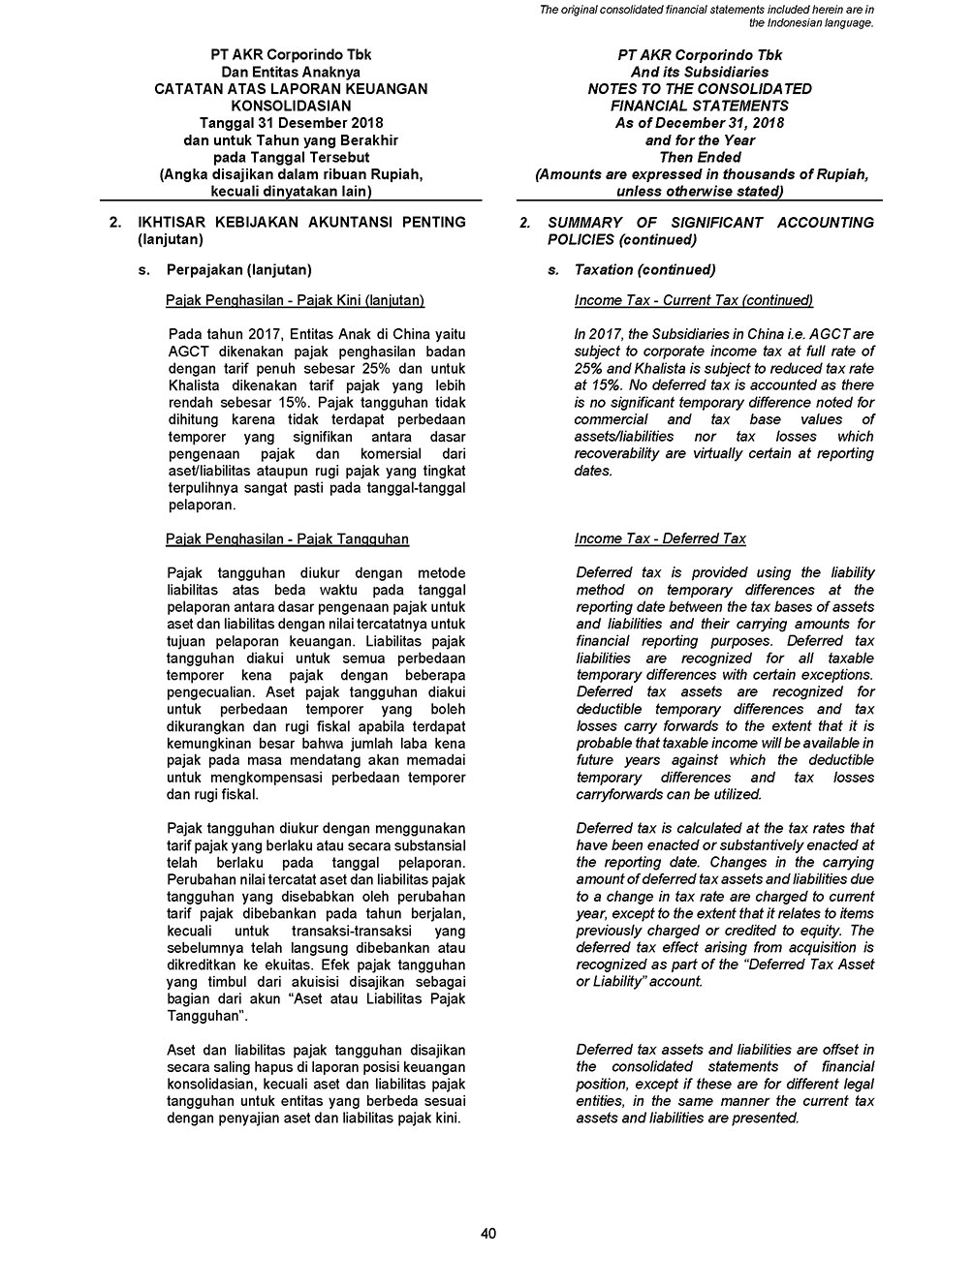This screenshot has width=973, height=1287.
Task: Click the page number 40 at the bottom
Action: click(x=487, y=1233)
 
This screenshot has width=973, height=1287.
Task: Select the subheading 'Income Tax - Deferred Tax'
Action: click(x=660, y=538)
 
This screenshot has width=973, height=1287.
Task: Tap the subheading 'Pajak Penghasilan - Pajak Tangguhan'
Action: click(x=287, y=538)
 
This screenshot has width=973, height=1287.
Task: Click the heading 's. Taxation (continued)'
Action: click(x=644, y=270)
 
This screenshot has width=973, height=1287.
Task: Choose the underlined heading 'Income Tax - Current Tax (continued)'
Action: click(x=693, y=300)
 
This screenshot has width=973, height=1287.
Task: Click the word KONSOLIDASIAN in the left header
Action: click(x=291, y=106)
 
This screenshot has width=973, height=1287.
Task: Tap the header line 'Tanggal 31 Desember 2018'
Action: click(x=291, y=123)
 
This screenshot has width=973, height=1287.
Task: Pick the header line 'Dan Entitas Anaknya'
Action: click(x=291, y=72)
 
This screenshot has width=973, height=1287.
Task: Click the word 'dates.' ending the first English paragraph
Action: click(x=593, y=471)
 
